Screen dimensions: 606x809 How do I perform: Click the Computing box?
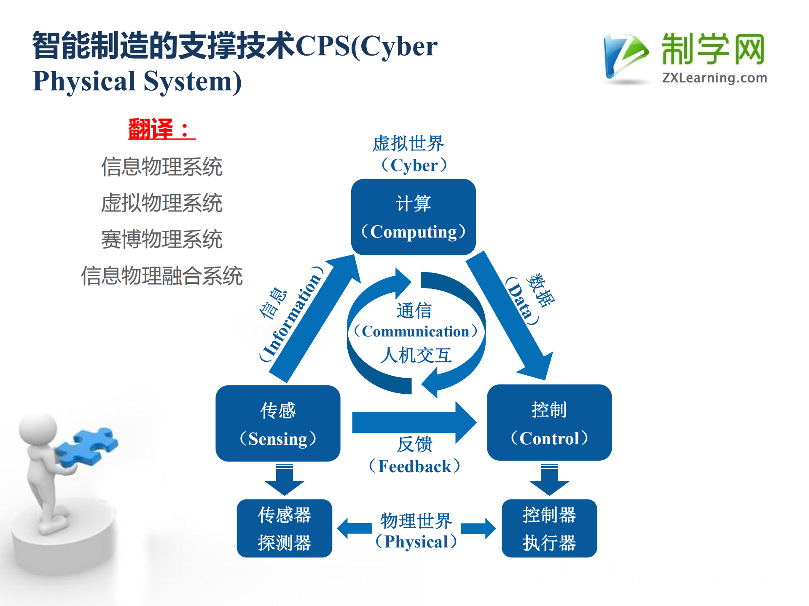pos(413,217)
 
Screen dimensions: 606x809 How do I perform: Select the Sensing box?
pos(278,423)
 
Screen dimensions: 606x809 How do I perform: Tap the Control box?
pos(549,422)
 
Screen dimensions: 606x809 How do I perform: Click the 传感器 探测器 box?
pos(284,528)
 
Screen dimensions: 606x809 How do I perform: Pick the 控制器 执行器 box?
pos(549,528)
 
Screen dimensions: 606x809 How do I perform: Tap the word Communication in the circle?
pos(415,331)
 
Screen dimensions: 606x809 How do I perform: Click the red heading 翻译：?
pos(161,129)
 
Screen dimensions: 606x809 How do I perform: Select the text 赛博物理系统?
pos(161,239)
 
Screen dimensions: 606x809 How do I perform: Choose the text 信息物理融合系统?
pos(161,276)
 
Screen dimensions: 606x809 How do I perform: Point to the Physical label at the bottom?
pos(416,541)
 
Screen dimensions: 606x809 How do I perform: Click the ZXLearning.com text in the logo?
pos(714,78)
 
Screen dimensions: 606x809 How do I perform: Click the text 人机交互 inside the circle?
pos(416,355)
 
